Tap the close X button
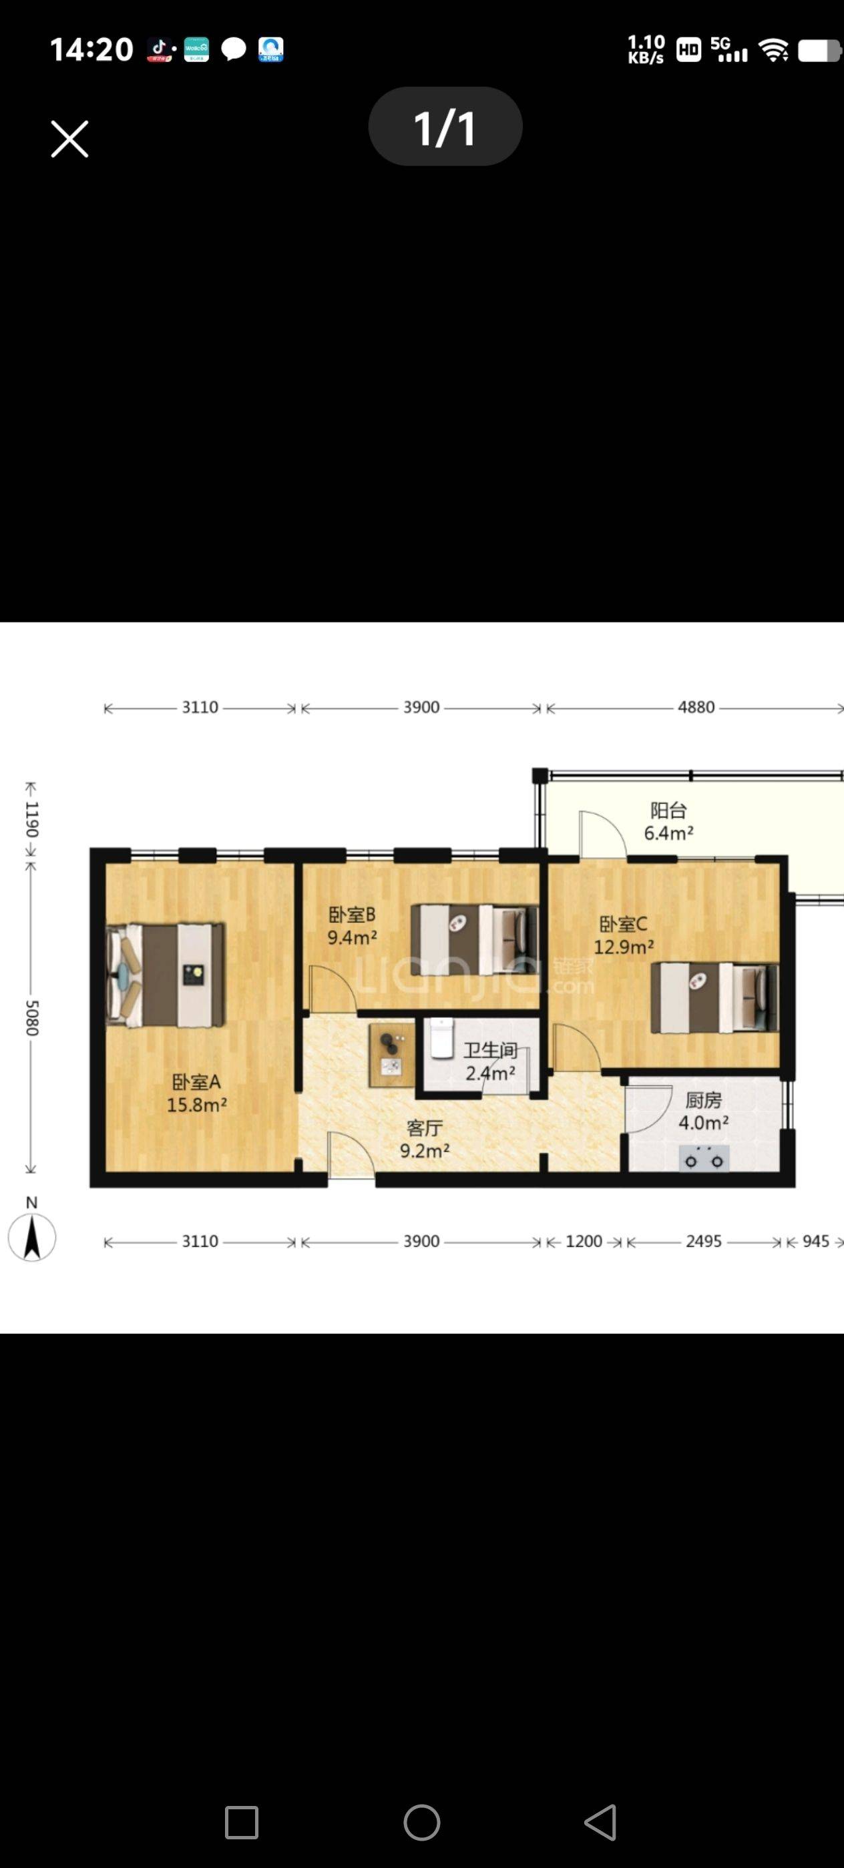coord(69,139)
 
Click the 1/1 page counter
coord(445,127)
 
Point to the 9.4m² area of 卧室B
coord(352,937)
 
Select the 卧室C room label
coord(624,924)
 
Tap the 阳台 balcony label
coord(668,810)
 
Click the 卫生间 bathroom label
coord(491,1050)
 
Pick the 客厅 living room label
coord(425,1127)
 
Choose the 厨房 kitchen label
coord(703,1100)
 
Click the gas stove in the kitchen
coord(704,1158)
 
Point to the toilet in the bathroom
coord(441,1037)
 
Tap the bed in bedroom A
coord(166,975)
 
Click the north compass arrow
coord(32,1237)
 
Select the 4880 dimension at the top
coord(696,707)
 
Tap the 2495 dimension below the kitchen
coord(704,1242)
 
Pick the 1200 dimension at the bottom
coord(584,1242)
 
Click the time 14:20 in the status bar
coord(91,49)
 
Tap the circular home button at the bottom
coord(421,1823)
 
